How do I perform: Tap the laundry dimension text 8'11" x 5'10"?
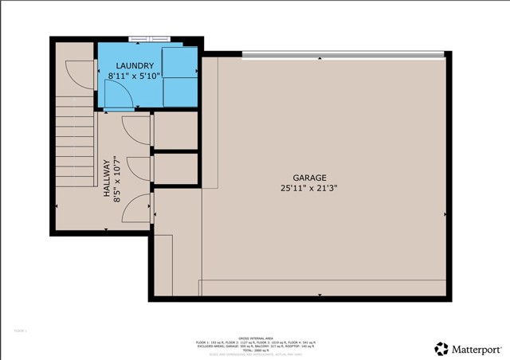click(x=134, y=76)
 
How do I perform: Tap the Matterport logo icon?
click(x=441, y=348)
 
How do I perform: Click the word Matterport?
click(x=477, y=348)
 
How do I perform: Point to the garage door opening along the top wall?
click(x=343, y=54)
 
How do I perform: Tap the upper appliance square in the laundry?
click(x=180, y=61)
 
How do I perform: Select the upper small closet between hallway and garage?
click(x=175, y=131)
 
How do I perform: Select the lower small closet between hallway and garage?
click(x=175, y=168)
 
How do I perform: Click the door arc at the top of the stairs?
click(x=78, y=76)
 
